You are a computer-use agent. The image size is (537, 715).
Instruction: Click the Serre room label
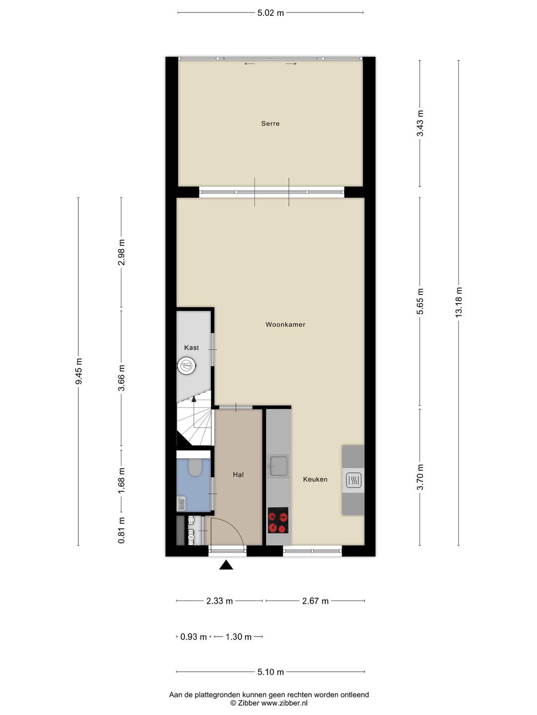[x=270, y=124]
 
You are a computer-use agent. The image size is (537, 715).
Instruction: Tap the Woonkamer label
[x=285, y=324]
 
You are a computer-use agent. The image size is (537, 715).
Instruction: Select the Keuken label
[x=315, y=479]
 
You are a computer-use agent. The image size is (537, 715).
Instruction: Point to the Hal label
[x=238, y=475]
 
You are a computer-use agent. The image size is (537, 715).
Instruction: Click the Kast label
[x=191, y=348]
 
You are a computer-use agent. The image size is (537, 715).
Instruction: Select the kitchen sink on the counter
[x=278, y=466]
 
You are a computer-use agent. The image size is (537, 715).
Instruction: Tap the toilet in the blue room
[x=195, y=467]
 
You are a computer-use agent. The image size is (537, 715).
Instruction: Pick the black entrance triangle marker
[x=226, y=565]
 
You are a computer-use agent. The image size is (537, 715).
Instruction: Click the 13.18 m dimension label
[x=458, y=302]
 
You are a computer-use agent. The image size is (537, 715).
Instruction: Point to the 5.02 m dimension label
[x=270, y=13]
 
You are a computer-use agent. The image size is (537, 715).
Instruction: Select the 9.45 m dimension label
[x=79, y=371]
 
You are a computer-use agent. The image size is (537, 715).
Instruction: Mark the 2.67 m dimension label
[x=315, y=601]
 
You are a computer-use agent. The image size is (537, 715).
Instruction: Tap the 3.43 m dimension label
[x=420, y=124]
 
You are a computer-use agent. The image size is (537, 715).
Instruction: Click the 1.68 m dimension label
[x=121, y=481]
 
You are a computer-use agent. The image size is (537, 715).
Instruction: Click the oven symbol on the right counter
[x=353, y=480]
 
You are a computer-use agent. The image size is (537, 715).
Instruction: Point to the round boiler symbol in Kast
[x=186, y=366]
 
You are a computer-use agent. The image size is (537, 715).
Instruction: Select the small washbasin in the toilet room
[x=181, y=503]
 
